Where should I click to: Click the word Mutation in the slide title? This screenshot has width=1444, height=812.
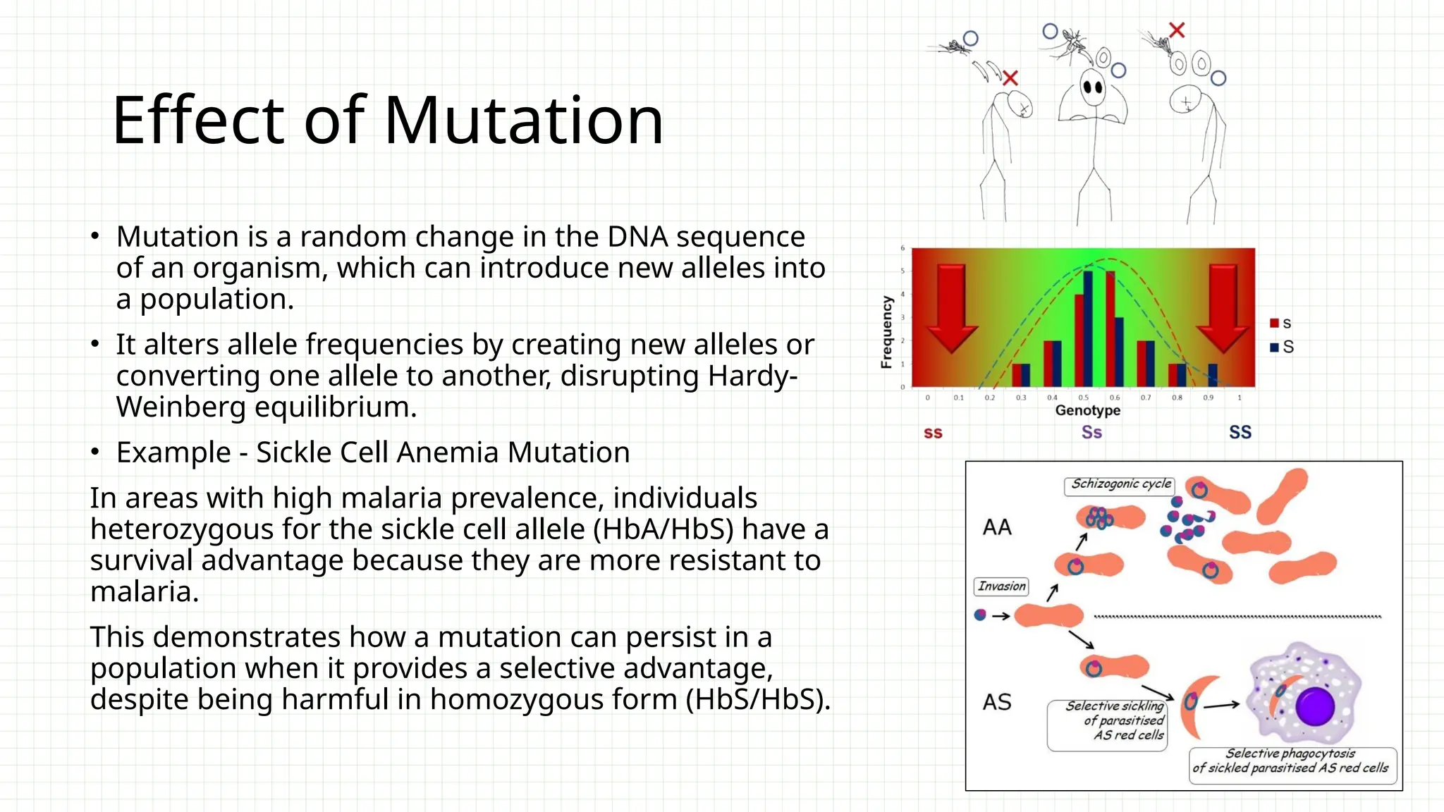523,121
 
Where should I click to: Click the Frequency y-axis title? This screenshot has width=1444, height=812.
886,332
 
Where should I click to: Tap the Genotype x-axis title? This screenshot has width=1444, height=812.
1087,410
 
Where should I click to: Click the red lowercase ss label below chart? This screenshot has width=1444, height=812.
933,433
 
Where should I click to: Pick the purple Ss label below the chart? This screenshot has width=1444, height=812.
1091,432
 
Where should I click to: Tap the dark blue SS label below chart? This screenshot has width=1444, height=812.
1240,432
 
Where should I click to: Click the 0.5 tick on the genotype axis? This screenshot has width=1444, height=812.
1083,398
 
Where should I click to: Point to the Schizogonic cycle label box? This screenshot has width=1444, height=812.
1120,484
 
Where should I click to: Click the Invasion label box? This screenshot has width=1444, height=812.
1001,586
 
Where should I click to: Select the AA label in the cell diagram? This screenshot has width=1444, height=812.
997,527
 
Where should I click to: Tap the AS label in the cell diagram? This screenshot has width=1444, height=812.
997,702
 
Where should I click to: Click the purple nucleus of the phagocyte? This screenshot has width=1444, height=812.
1314,706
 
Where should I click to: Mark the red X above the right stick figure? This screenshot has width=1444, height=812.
1176,30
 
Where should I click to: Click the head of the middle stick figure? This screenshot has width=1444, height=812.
1093,87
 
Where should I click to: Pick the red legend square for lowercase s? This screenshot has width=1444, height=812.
1274,324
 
